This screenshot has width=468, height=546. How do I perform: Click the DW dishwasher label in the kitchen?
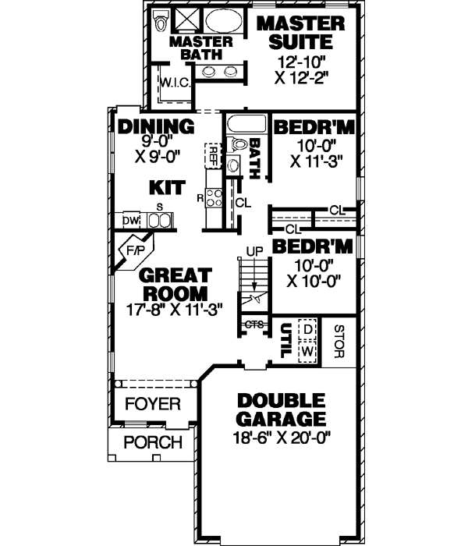pyautogui.click(x=129, y=222)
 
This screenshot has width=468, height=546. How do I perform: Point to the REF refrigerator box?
pyautogui.click(x=211, y=154)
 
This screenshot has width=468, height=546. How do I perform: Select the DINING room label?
pyautogui.click(x=156, y=126)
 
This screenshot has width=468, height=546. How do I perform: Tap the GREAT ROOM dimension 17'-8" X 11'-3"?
pyautogui.click(x=175, y=308)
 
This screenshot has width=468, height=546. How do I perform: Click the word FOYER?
pyautogui.click(x=152, y=405)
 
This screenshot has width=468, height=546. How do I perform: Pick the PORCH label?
pyautogui.click(x=153, y=443)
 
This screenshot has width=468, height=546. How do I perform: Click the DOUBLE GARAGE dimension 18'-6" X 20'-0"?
pyautogui.click(x=282, y=438)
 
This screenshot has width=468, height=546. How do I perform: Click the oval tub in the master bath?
pyautogui.click(x=222, y=21)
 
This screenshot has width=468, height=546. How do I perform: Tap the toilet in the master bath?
pyautogui.click(x=161, y=19)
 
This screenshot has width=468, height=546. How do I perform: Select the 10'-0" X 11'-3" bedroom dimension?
pyautogui.click(x=316, y=155)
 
